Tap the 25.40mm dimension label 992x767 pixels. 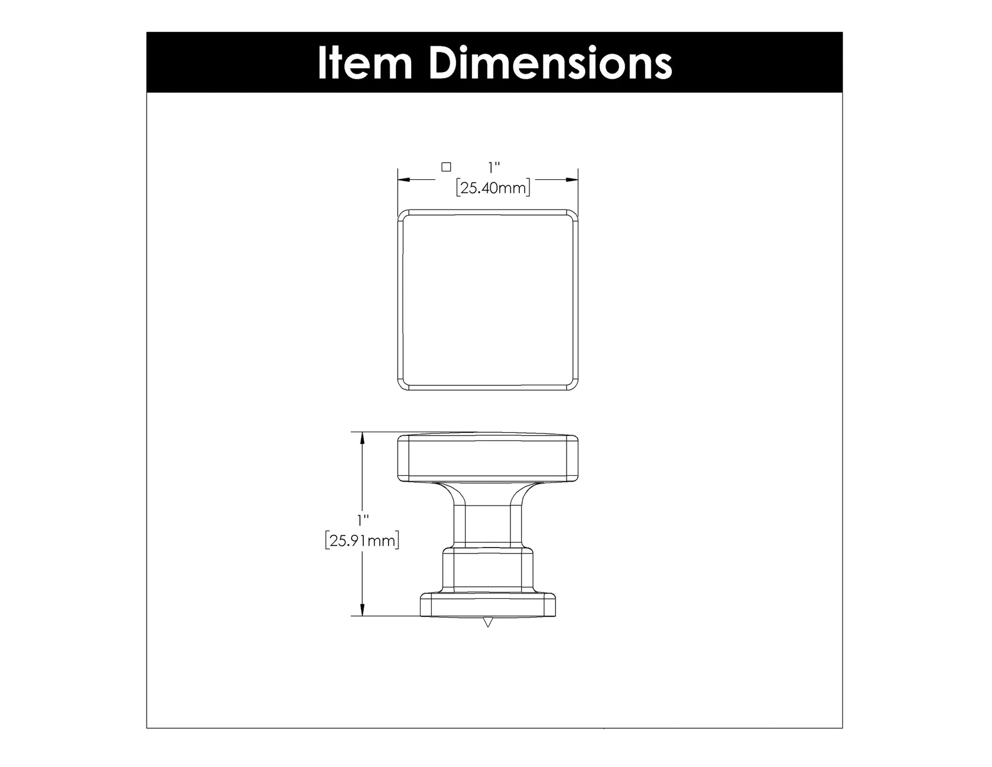(493, 188)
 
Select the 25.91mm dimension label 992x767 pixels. (362, 540)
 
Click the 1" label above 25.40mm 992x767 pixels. (494, 167)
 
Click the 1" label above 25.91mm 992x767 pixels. (362, 520)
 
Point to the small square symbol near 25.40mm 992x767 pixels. (446, 167)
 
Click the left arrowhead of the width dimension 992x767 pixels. (405, 180)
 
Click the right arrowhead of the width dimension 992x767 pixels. (571, 180)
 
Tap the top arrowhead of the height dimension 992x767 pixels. (362, 439)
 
